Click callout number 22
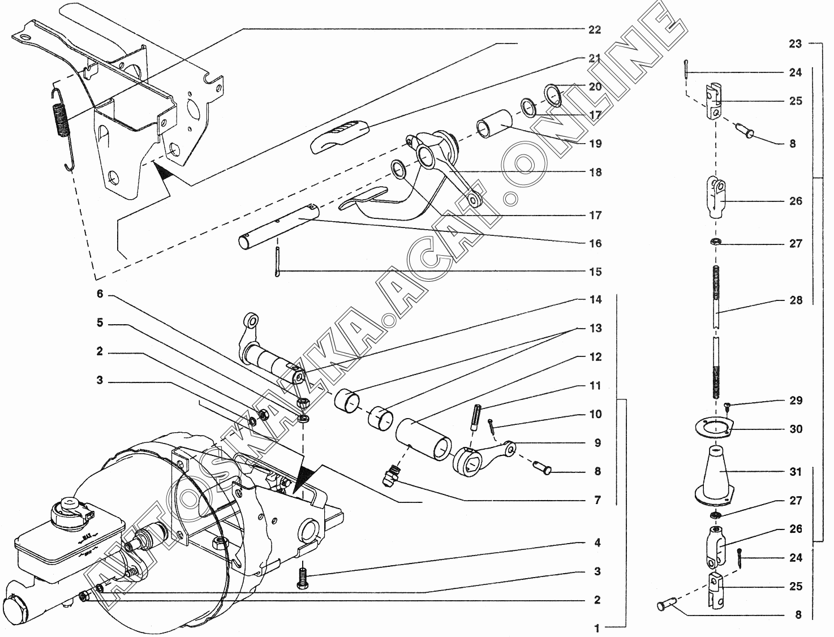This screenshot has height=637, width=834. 595,29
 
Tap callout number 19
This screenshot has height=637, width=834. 595,144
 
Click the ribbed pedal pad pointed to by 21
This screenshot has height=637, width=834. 339,136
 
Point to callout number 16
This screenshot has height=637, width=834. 595,243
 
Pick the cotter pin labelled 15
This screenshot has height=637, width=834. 278,261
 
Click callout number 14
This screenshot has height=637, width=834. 595,299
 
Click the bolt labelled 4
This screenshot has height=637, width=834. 303,580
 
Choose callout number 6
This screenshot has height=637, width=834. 100,294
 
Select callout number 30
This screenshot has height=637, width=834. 796,429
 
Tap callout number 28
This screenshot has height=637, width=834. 796,300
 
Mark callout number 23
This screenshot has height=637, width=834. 795,44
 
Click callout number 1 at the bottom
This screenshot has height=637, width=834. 597,629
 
